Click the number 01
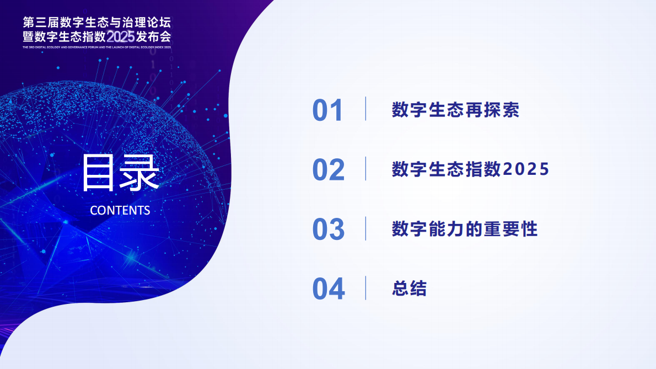(x=327, y=110)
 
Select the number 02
(x=328, y=170)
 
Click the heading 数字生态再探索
(x=455, y=110)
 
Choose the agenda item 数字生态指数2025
(x=470, y=169)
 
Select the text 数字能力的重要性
(x=464, y=228)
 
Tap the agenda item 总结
(x=409, y=288)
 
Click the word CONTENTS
(x=120, y=210)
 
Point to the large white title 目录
(x=120, y=173)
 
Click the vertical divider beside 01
(x=365, y=109)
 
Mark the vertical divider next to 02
(x=365, y=168)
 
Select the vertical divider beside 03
(x=365, y=228)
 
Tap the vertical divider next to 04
(x=365, y=287)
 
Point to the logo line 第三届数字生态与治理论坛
(x=97, y=23)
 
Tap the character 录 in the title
(x=140, y=173)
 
